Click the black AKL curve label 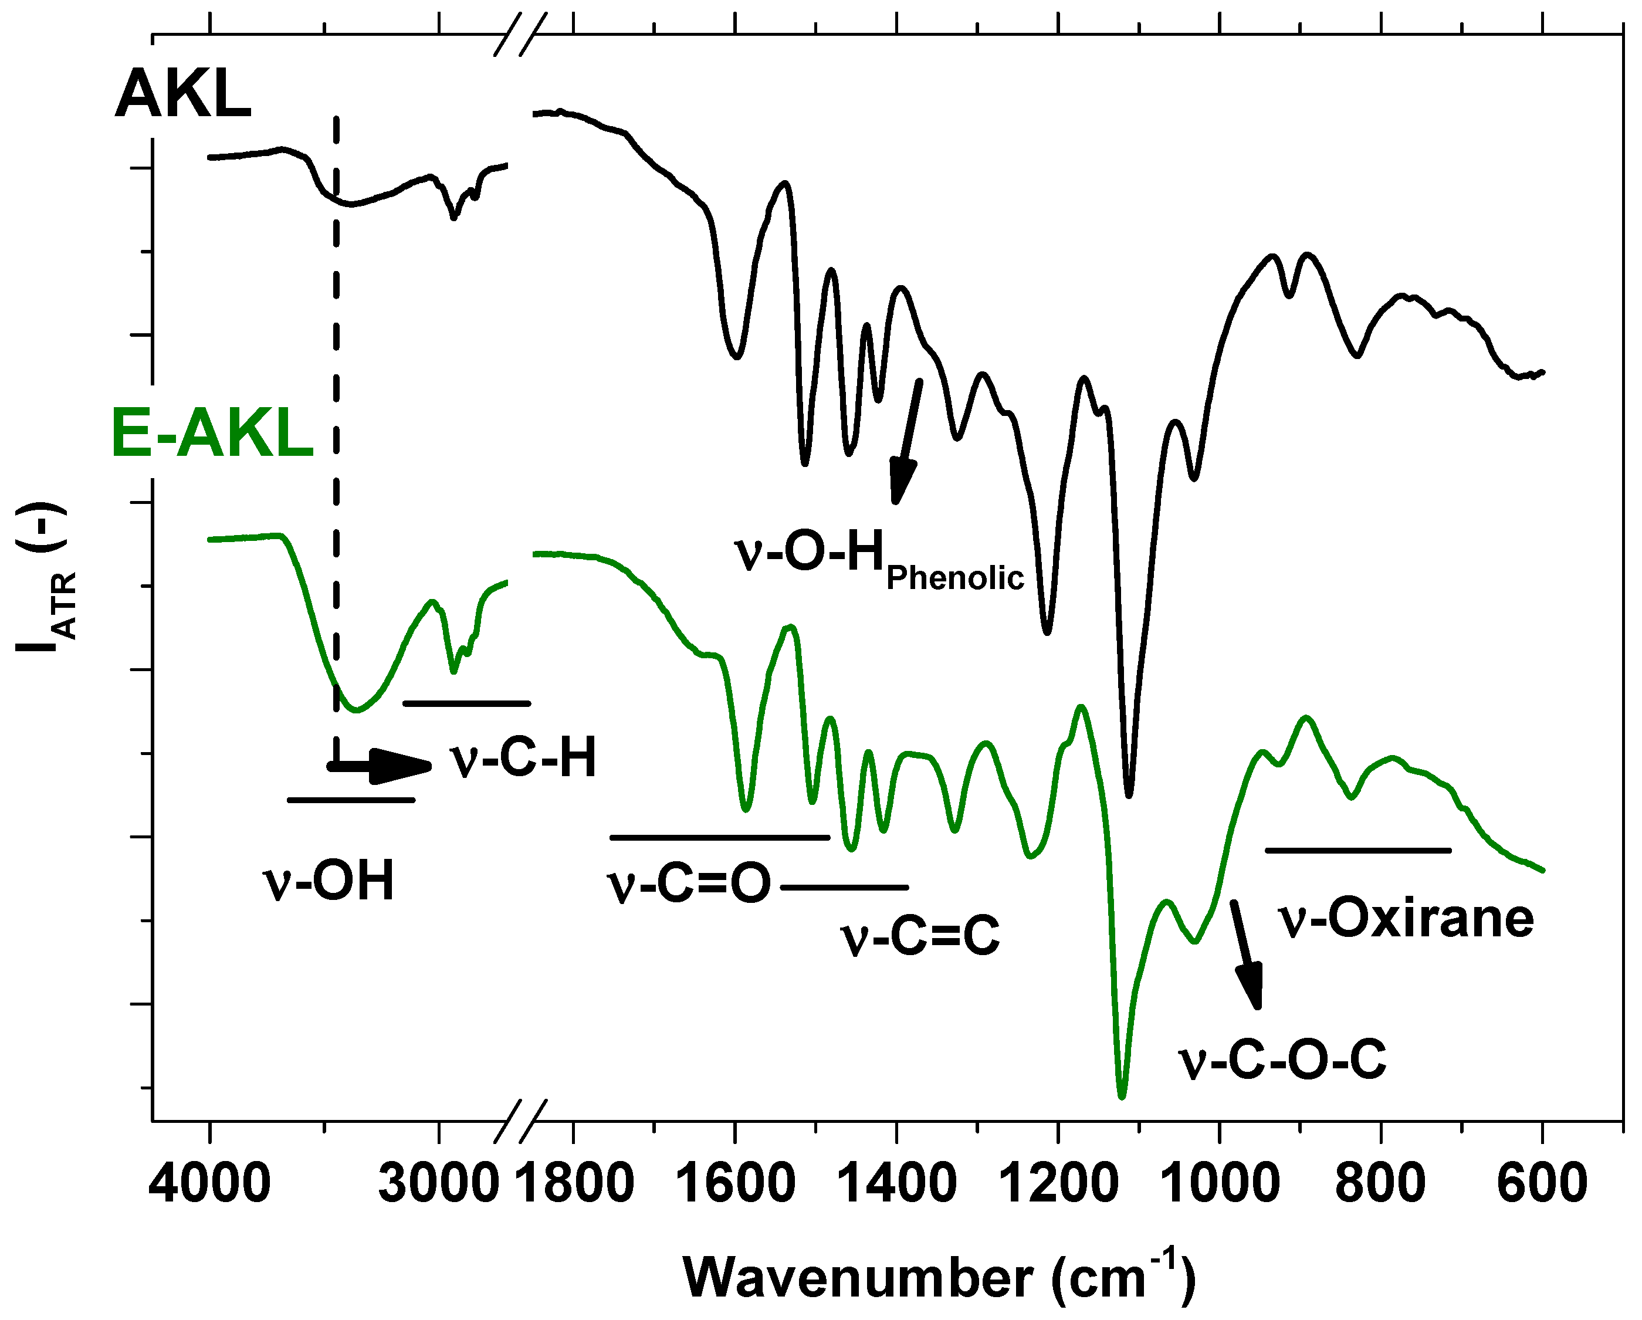[x=183, y=94]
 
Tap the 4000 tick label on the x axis [x=209, y=1185]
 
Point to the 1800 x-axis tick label [x=574, y=1185]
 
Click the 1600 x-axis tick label [x=736, y=1185]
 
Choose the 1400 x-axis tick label [x=897, y=1185]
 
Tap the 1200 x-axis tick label [x=1059, y=1185]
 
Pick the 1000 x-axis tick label [x=1220, y=1185]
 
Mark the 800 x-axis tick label [x=1381, y=1185]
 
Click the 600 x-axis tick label [x=1542, y=1185]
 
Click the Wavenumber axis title [x=938, y=1277]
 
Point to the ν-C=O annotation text [x=689, y=885]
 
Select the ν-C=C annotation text [x=920, y=937]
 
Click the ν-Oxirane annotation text [x=1406, y=919]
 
